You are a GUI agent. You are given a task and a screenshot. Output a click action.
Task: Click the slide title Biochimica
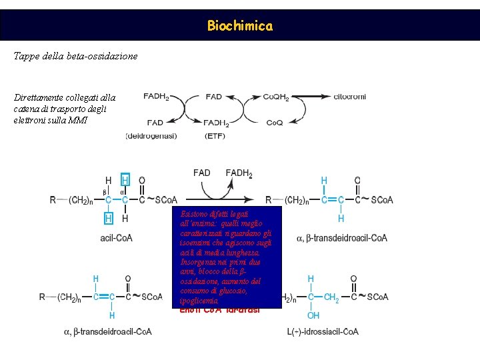239,26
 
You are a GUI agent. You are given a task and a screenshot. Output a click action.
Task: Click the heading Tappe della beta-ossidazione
75,56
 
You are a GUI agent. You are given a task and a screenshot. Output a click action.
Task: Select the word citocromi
349,97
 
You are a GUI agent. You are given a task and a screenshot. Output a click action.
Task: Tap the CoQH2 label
276,97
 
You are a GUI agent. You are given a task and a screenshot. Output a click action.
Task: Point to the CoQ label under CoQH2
275,123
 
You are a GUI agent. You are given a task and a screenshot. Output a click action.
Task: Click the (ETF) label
215,136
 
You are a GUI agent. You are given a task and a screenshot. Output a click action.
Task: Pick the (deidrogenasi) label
151,136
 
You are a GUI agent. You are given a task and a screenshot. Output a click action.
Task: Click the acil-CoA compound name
116,238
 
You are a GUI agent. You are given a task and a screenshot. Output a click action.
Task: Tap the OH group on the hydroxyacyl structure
313,315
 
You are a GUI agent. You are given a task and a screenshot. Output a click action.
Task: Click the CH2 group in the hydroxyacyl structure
331,297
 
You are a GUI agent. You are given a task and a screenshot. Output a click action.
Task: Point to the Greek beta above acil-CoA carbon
105,191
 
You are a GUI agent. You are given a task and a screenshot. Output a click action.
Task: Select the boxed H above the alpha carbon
125,180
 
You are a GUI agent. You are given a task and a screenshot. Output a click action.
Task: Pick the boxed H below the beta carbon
109,217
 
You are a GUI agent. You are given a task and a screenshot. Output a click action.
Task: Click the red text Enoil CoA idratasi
220,310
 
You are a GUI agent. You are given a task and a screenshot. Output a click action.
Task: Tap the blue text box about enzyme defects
226,257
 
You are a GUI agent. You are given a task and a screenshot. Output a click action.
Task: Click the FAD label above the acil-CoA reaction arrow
202,173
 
